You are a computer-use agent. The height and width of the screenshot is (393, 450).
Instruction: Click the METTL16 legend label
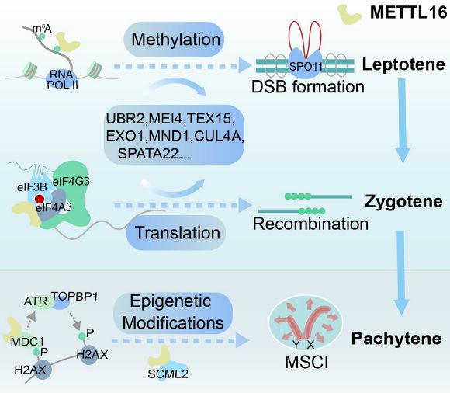click(x=409, y=12)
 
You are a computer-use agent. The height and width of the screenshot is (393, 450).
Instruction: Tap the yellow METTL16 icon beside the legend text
click(x=348, y=14)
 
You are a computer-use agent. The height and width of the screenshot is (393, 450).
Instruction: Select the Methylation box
click(x=174, y=40)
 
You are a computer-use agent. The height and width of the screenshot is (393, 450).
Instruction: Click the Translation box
click(x=176, y=233)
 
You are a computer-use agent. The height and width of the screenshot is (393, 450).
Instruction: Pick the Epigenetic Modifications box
click(x=173, y=312)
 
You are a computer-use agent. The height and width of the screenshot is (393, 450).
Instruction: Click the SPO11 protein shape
click(x=306, y=64)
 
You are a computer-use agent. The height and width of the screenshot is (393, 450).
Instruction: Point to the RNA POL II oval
click(x=62, y=78)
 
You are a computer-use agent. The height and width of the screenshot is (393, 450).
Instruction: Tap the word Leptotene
click(x=403, y=64)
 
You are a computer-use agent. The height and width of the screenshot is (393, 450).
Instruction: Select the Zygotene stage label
click(x=403, y=202)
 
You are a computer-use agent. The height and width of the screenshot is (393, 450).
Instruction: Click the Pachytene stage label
click(x=396, y=339)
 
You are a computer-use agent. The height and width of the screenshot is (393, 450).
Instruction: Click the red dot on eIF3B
click(x=40, y=199)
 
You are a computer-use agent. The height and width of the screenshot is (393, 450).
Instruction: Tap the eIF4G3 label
click(x=71, y=181)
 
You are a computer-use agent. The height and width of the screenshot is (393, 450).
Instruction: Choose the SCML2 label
click(x=168, y=374)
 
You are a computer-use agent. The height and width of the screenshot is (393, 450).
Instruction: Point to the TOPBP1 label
click(x=74, y=297)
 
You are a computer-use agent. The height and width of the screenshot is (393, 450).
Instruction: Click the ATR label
click(x=36, y=301)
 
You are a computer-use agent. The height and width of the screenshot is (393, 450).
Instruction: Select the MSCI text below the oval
click(x=306, y=362)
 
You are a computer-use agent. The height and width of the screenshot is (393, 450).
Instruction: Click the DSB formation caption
click(x=308, y=86)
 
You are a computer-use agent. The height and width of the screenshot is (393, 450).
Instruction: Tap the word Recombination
click(x=310, y=224)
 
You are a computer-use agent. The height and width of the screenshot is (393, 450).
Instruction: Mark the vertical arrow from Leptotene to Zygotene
click(x=403, y=120)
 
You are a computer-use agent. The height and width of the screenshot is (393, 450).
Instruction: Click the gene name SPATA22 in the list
click(x=148, y=154)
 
